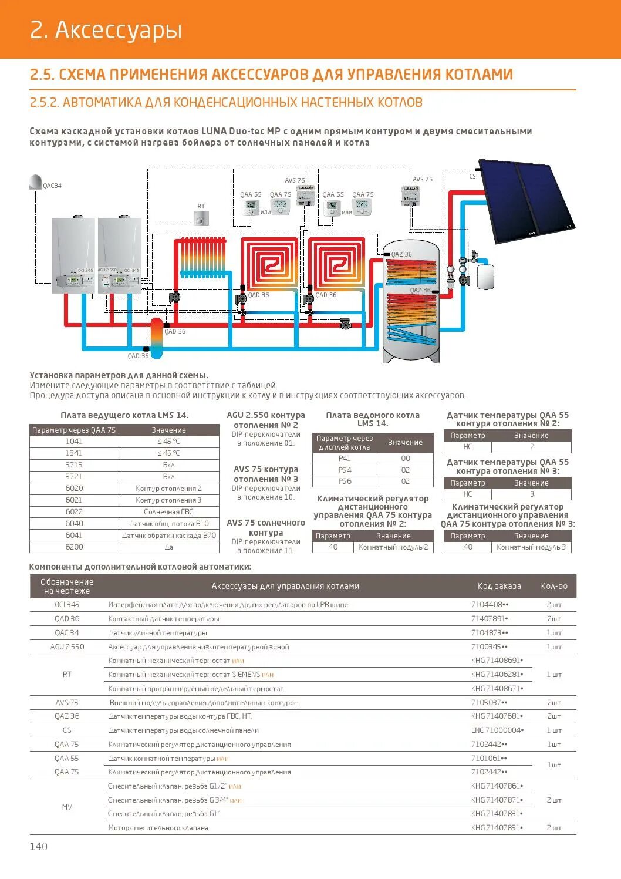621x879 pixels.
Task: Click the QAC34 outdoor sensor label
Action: click(x=52, y=186)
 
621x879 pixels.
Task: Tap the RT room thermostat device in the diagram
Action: click(x=201, y=218)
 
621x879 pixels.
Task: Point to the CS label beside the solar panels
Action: click(x=473, y=176)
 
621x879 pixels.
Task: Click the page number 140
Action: click(x=39, y=846)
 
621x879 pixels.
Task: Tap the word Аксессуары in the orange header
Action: click(x=119, y=30)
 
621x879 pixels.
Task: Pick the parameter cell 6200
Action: click(x=74, y=547)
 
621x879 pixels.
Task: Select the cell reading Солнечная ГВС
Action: click(x=168, y=511)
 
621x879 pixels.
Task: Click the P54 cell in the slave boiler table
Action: click(x=345, y=470)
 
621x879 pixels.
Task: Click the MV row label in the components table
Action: click(x=67, y=807)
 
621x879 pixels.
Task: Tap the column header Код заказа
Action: click(x=499, y=586)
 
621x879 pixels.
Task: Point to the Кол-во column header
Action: click(x=554, y=586)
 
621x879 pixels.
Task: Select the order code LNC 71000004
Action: click(x=497, y=730)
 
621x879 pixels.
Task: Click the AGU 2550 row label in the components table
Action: click(x=67, y=646)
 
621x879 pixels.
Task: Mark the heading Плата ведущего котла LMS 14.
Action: click(x=124, y=415)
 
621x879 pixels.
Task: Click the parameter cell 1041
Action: click(x=74, y=441)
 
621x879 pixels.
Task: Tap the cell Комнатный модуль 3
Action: click(x=531, y=547)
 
